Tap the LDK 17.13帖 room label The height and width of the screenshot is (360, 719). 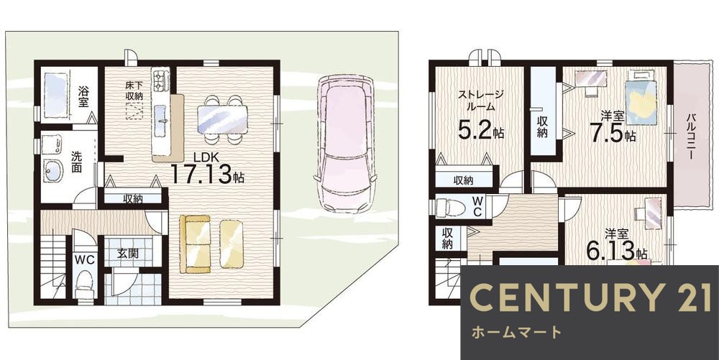[x=207, y=170]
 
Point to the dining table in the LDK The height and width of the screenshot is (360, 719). [x=221, y=115]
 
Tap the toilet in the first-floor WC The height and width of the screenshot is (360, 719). [x=84, y=281]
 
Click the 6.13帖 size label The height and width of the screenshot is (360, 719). [x=616, y=250]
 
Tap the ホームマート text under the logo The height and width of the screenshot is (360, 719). [x=516, y=332]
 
